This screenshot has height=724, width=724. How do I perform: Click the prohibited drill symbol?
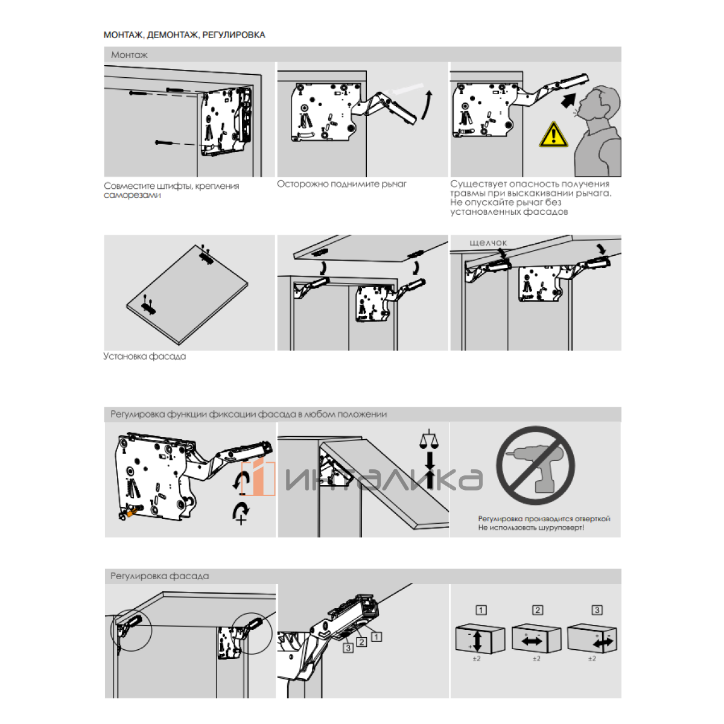535,465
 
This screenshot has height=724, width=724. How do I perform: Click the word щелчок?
488,243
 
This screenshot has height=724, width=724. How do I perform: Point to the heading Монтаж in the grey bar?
129,55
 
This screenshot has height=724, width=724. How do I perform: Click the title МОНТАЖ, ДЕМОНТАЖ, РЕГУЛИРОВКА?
184,35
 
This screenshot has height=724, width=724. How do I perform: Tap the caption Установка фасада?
144,357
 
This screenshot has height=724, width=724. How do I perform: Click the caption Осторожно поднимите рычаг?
341,184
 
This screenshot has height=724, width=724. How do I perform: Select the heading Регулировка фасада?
159,576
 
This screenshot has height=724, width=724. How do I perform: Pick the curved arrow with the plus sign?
241,512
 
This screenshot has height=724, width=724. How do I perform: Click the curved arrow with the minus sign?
243,483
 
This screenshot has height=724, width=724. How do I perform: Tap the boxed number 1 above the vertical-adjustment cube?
481,610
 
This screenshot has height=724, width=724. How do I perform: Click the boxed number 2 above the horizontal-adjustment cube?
538,610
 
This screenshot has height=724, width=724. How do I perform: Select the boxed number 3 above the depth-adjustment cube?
597,610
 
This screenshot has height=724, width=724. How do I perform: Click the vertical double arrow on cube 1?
477,640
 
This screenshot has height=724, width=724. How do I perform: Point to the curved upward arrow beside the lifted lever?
427,105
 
